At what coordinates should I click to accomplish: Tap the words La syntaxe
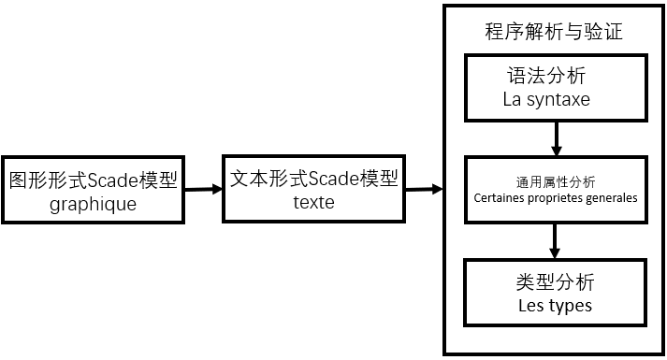point(546,98)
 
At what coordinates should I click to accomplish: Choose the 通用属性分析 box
point(556,190)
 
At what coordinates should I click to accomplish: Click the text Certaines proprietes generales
point(556,198)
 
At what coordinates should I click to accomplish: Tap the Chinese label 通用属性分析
point(556,181)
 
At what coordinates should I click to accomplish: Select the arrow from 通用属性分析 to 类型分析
point(556,242)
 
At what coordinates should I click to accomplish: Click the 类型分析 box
point(555,293)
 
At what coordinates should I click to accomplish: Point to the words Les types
point(555,306)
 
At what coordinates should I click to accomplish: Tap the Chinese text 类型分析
point(555,281)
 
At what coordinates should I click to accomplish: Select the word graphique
point(93,203)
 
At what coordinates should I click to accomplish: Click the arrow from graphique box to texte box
point(203,190)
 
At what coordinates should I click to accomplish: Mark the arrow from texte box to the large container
point(424,190)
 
